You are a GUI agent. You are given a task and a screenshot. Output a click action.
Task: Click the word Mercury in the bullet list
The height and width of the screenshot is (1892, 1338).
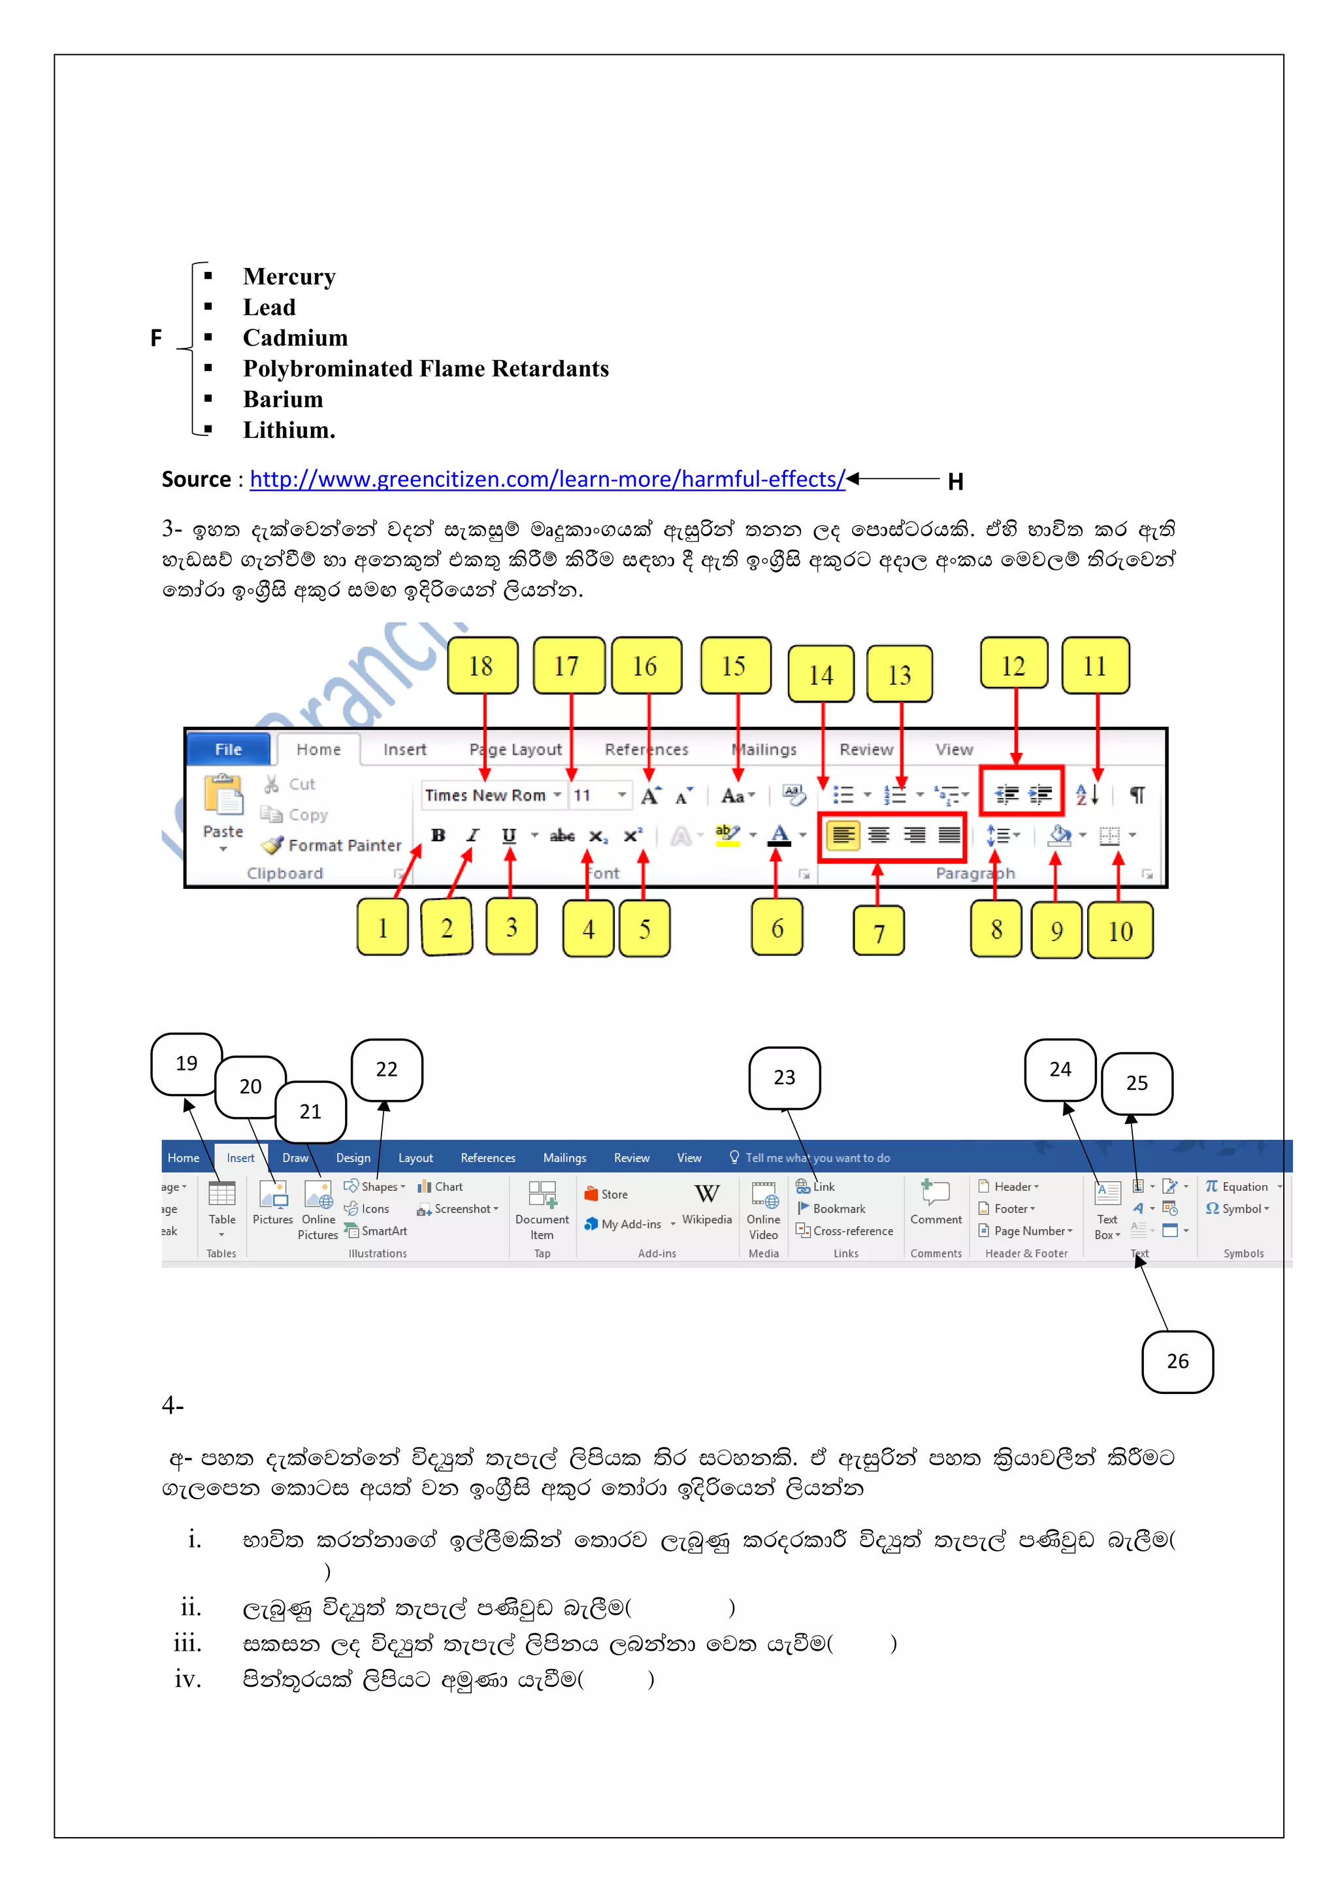(289, 277)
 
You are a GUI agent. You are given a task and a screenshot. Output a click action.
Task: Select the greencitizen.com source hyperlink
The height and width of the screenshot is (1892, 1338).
(547, 480)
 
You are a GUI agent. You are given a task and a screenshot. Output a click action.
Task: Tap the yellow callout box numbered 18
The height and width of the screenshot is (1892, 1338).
(482, 666)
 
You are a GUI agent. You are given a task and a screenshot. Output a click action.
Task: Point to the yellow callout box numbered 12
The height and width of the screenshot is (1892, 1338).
(1013, 664)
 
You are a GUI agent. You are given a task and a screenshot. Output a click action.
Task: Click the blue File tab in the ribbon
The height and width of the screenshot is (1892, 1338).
(228, 749)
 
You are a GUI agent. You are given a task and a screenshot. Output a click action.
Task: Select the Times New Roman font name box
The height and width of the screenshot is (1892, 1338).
(486, 795)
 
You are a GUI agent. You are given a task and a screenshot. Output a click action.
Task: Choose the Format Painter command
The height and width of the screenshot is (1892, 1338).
(344, 846)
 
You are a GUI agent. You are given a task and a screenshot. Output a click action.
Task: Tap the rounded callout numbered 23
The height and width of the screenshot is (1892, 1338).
(785, 1078)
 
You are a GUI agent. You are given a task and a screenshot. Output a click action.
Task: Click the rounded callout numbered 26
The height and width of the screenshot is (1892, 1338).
(1177, 1361)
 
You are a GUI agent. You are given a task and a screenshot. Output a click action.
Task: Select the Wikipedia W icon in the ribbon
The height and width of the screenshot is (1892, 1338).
(707, 1194)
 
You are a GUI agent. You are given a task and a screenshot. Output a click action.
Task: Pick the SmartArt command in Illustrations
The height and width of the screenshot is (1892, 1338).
(383, 1231)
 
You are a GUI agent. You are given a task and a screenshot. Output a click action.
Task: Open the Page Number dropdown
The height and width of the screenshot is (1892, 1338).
(1032, 1231)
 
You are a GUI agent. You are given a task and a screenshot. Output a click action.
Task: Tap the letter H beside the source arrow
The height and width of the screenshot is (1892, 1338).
(956, 482)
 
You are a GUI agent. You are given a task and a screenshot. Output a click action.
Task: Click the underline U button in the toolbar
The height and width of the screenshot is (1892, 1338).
(509, 836)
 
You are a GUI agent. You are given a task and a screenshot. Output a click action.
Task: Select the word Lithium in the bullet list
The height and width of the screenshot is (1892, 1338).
(288, 430)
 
